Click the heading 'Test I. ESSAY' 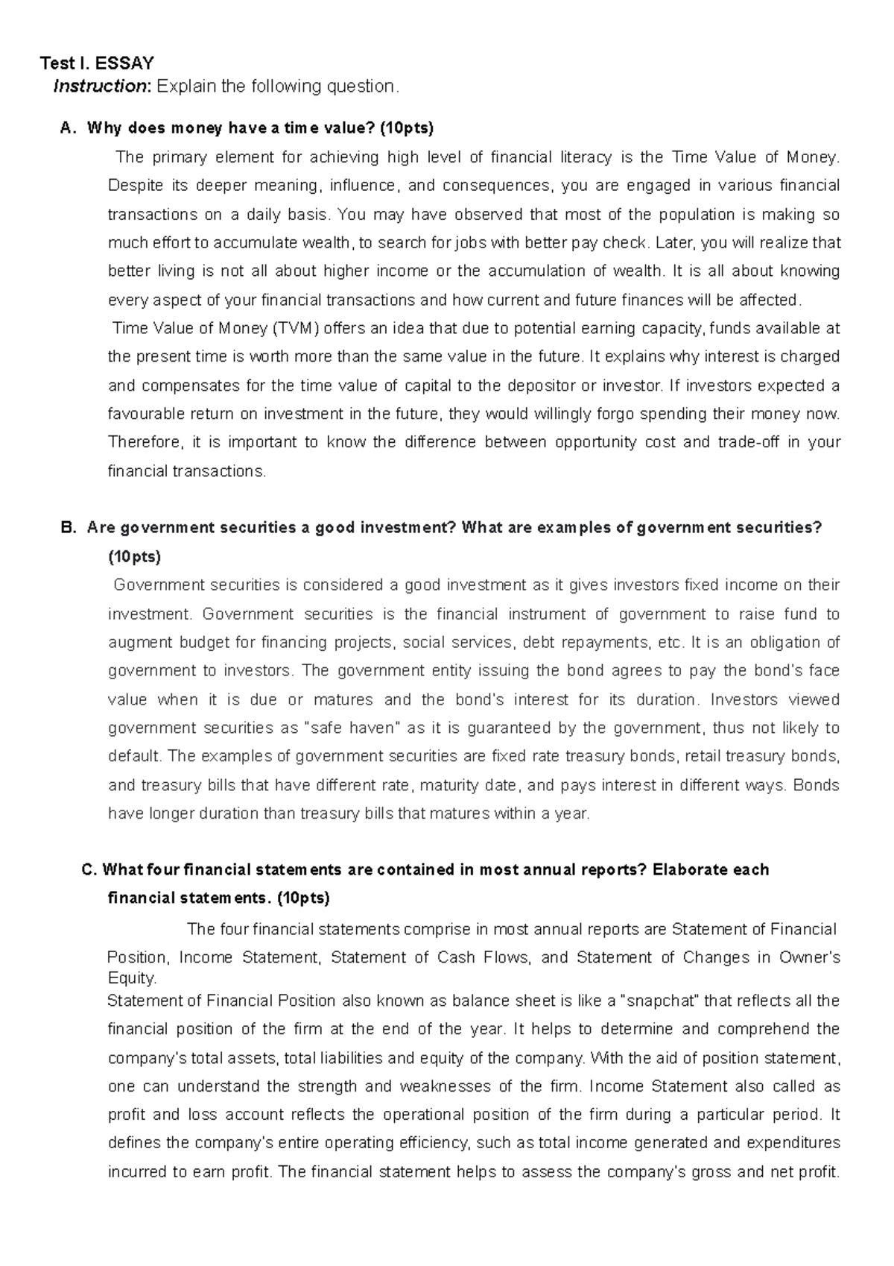point(97,63)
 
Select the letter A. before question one point(68,128)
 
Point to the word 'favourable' point(145,414)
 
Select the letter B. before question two point(68,528)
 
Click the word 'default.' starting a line point(135,756)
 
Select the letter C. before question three point(89,869)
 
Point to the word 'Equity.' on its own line point(132,978)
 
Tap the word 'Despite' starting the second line point(135,186)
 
